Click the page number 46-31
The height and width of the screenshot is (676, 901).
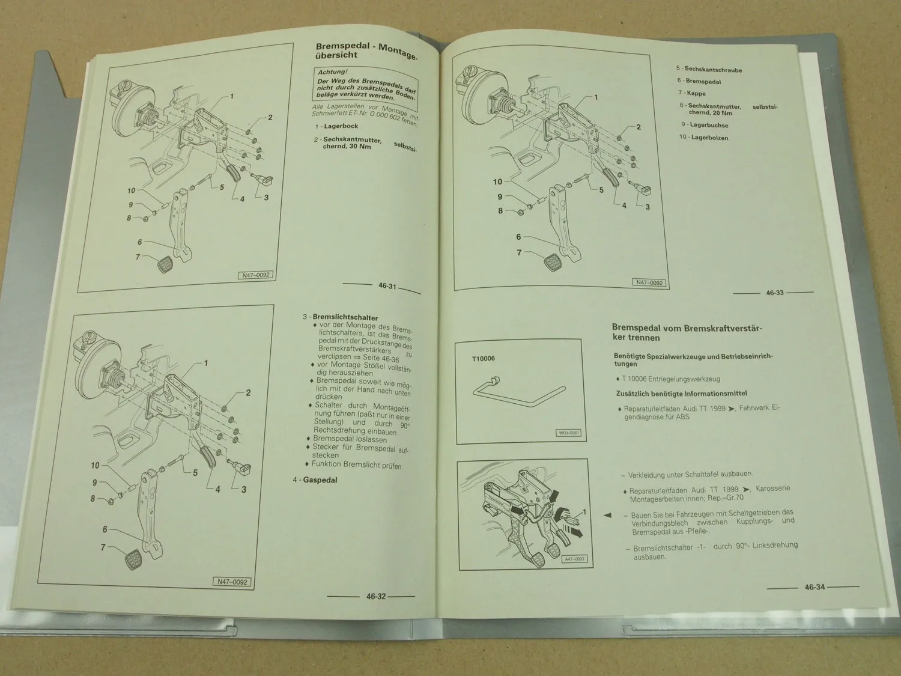[387, 286]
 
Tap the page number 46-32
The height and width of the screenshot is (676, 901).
[375, 597]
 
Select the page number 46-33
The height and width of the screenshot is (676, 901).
[774, 293]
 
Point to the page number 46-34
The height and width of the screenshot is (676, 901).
[815, 587]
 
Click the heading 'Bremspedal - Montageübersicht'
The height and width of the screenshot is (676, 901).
[365, 51]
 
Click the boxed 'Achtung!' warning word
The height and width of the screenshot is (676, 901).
[332, 72]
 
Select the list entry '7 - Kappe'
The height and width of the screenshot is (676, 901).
[692, 93]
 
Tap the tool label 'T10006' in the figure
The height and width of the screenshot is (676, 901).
[483, 359]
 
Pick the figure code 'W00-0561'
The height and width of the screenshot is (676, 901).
[568, 433]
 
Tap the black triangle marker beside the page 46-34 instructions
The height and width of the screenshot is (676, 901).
[607, 516]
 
